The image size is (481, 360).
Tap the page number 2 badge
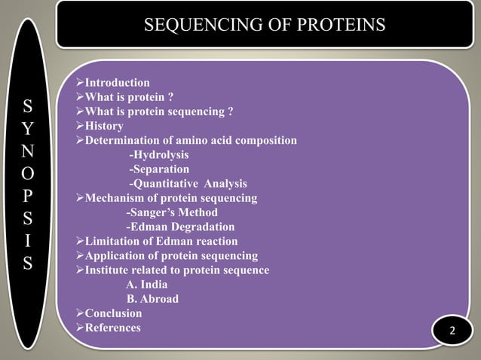pyautogui.click(x=452, y=332)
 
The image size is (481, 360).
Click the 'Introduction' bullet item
pyautogui.click(x=117, y=83)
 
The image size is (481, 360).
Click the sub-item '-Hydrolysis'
pyautogui.click(x=158, y=155)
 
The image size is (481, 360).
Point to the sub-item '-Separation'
pyautogui.click(x=159, y=169)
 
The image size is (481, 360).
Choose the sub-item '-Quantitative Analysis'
pyautogui.click(x=187, y=184)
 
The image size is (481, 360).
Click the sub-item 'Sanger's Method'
pyautogui.click(x=171, y=212)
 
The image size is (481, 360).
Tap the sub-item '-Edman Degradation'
pyautogui.click(x=179, y=227)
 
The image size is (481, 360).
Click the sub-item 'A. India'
pyautogui.click(x=147, y=285)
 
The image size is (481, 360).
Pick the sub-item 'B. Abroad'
pyautogui.click(x=152, y=299)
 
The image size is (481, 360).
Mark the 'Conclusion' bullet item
pyautogui.click(x=113, y=313)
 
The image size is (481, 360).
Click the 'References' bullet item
pyautogui.click(x=112, y=328)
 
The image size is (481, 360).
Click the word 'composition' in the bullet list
pyautogui.click(x=265, y=141)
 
